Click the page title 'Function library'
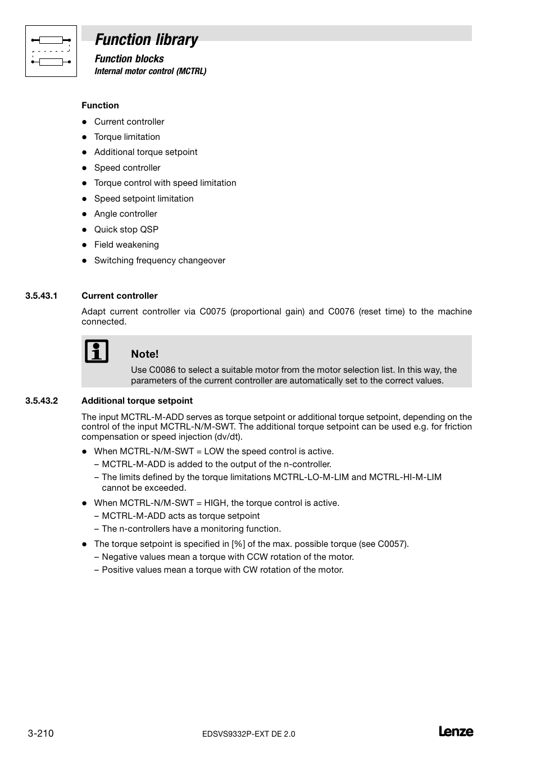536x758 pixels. [x=146, y=39]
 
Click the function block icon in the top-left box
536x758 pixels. [x=51, y=51]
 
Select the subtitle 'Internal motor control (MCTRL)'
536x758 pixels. [x=150, y=71]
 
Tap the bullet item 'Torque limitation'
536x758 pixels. [x=127, y=137]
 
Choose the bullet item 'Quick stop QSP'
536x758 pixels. [x=126, y=230]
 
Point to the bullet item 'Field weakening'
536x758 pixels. [x=126, y=245]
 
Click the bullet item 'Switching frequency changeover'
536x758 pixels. [x=160, y=261]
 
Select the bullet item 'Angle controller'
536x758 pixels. [x=125, y=214]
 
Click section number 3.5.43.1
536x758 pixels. [x=42, y=296]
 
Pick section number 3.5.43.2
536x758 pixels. [x=42, y=401]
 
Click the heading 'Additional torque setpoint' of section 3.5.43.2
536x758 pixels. [x=137, y=401]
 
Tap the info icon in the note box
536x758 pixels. [x=97, y=351]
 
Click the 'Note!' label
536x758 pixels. [x=144, y=354]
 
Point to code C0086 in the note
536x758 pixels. [x=162, y=370]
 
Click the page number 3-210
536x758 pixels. [x=40, y=733]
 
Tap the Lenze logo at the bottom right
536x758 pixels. [x=456, y=732]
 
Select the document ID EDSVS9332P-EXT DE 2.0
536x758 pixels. [x=248, y=734]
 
